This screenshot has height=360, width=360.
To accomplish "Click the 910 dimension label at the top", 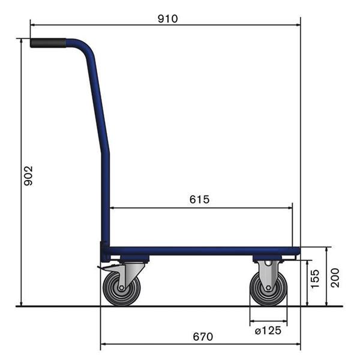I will click(x=167, y=18).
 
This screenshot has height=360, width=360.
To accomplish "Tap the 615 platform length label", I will click(x=199, y=200).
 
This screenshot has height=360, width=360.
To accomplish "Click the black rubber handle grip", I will click(x=49, y=43).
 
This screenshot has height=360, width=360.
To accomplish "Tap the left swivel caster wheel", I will click(x=122, y=289).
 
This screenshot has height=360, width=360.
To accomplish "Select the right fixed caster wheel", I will click(x=268, y=289).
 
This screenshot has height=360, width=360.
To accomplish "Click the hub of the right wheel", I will click(x=268, y=289).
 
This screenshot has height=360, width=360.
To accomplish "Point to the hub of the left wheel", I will click(x=122, y=289).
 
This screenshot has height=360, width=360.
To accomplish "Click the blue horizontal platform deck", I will click(x=204, y=251).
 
